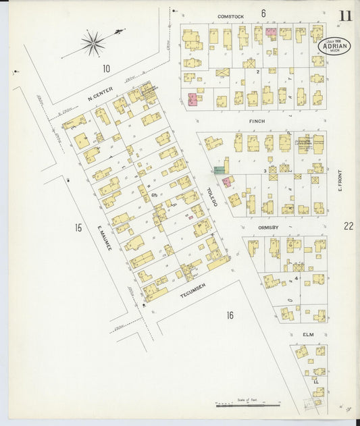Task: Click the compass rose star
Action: tap(93, 43)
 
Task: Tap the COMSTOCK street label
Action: tap(230, 15)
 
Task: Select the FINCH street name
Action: tap(257, 121)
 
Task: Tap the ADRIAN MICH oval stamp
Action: tap(334, 47)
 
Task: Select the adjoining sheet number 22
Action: tap(348, 227)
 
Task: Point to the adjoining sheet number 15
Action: tap(78, 228)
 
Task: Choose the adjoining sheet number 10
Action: tap(105, 68)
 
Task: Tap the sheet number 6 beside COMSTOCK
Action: tap(263, 13)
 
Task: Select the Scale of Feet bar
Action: tap(247, 405)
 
